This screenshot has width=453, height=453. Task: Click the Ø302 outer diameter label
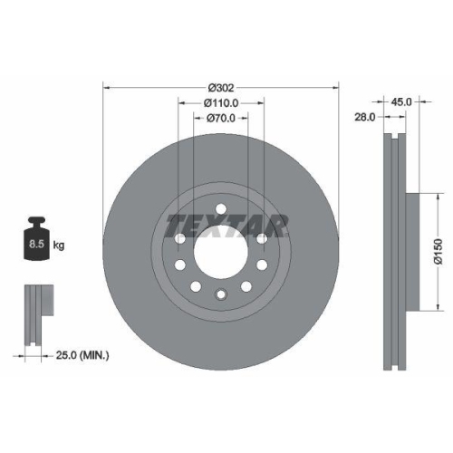pos(221,87)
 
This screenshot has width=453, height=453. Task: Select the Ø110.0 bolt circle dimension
pos(221,102)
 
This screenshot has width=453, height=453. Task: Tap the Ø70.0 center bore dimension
pos(221,118)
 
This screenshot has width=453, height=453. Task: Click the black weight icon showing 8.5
pos(37,239)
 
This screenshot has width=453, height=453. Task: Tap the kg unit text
pos(59,246)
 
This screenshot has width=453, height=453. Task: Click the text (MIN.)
pos(93,355)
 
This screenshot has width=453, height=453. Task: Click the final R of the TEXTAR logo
pos(278,223)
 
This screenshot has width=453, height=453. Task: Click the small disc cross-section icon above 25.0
pos(35,313)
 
